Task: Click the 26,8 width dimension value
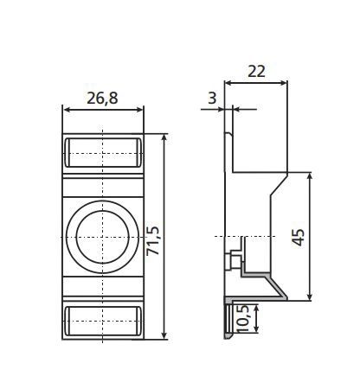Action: point(103,98)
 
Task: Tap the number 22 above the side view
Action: point(255,73)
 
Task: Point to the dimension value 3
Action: point(212,98)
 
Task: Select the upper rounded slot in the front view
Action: point(103,152)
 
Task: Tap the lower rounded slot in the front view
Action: point(103,318)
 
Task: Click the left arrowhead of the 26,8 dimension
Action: point(67,110)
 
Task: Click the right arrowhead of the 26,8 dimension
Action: point(139,110)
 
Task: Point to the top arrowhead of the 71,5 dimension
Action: point(164,138)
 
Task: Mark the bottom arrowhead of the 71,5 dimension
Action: point(164,333)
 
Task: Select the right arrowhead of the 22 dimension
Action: point(284,84)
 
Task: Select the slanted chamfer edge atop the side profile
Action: point(279,183)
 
